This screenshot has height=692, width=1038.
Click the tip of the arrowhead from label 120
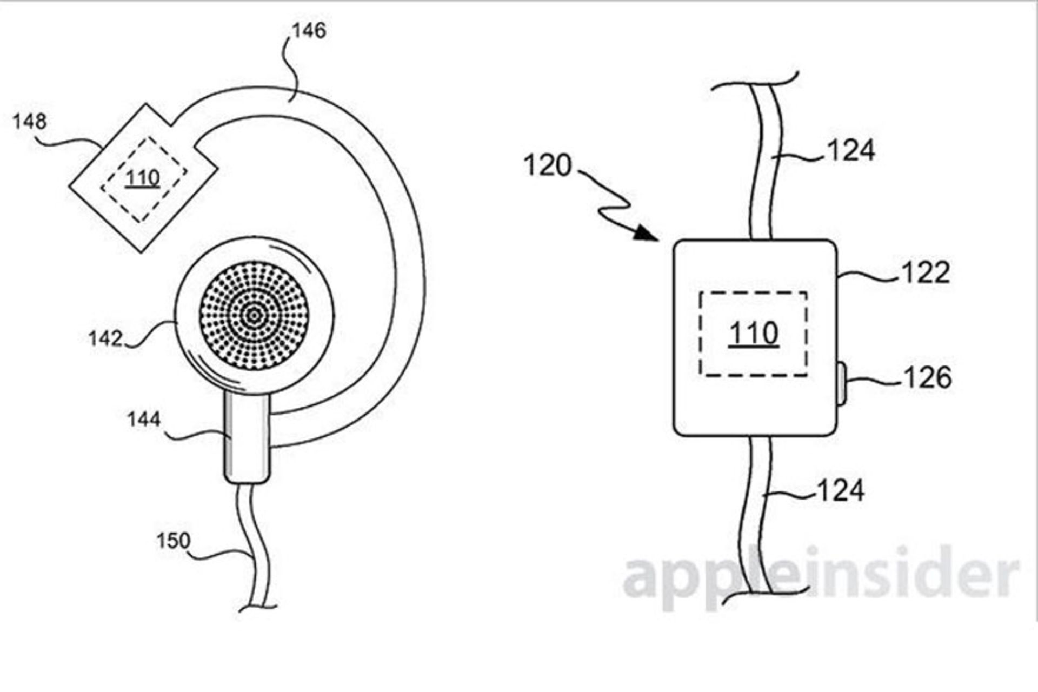pyautogui.click(x=657, y=239)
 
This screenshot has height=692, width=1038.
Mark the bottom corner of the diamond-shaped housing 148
pyautogui.click(x=142, y=252)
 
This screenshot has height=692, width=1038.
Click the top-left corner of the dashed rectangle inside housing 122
pyautogui.click(x=700, y=292)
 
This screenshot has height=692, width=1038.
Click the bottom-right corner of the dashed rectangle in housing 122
pyautogui.click(x=807, y=375)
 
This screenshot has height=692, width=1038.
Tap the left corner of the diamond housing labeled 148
pyautogui.click(x=69, y=186)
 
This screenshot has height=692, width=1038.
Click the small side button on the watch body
pyautogui.click(x=841, y=384)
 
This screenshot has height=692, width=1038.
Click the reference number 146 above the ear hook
pyautogui.click(x=309, y=31)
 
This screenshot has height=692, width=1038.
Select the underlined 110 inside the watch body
pyautogui.click(x=754, y=334)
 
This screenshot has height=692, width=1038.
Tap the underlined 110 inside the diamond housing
pyautogui.click(x=143, y=178)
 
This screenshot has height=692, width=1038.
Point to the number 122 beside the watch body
pyautogui.click(x=925, y=272)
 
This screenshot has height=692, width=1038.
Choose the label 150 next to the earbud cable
pyautogui.click(x=173, y=541)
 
